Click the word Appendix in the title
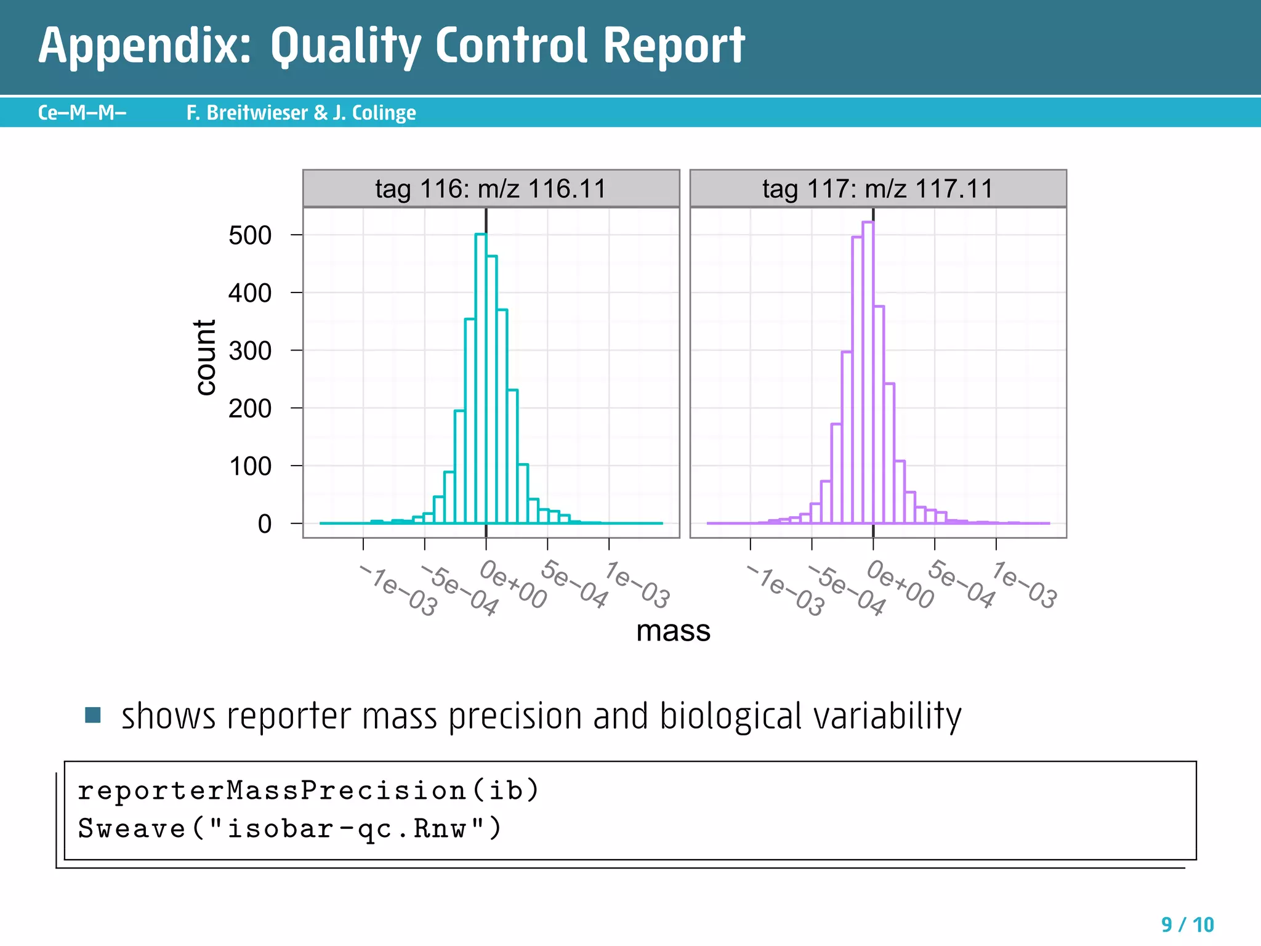tap(145, 47)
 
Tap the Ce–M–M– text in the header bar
tap(82, 113)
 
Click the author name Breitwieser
tap(257, 113)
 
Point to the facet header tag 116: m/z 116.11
tap(491, 188)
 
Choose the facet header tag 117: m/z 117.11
tap(877, 188)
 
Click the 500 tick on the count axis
tap(250, 235)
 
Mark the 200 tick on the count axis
tap(250, 408)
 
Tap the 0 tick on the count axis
tap(265, 524)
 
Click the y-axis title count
tap(205, 357)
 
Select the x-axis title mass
tap(673, 631)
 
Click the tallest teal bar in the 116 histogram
tap(481, 379)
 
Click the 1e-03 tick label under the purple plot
tap(1025, 585)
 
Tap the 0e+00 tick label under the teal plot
tap(514, 584)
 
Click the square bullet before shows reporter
tap(93, 715)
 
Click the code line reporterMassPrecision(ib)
tap(308, 790)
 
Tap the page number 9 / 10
tap(1187, 924)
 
